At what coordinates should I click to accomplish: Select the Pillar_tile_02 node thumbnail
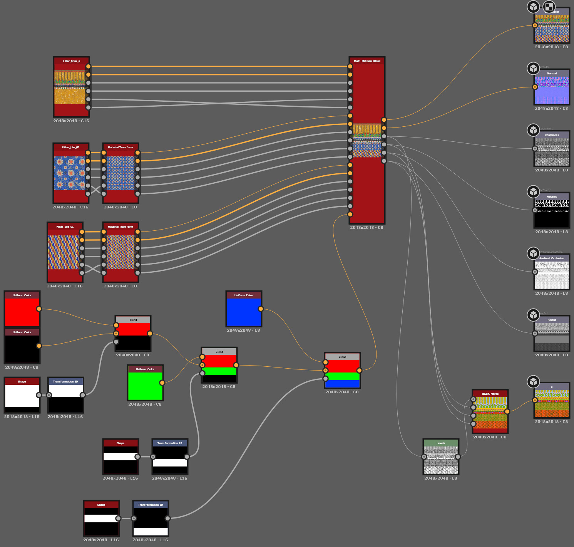click(69, 173)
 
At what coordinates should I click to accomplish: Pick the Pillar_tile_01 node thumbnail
click(63, 252)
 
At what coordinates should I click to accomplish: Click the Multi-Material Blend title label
click(367, 61)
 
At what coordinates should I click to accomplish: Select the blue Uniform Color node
click(244, 312)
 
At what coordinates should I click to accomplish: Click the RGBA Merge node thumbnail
click(490, 413)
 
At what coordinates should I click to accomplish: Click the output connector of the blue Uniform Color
click(261, 309)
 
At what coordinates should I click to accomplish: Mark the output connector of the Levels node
click(458, 457)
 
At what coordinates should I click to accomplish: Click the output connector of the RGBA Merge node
click(507, 411)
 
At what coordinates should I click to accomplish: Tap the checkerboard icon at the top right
click(549, 7)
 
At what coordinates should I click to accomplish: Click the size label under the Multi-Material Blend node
click(366, 228)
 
